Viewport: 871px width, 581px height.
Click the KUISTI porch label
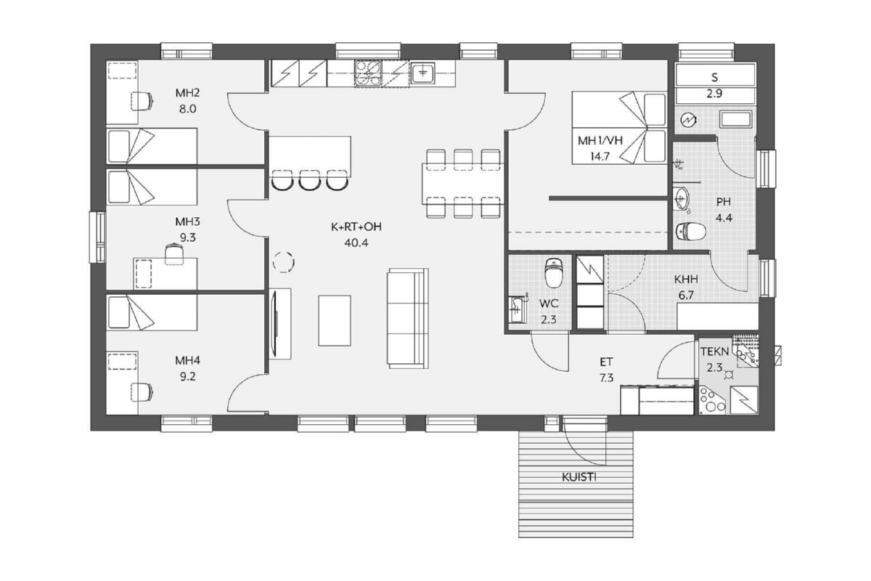click(x=579, y=477)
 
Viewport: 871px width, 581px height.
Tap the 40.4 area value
click(x=356, y=243)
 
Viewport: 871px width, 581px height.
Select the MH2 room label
click(x=187, y=93)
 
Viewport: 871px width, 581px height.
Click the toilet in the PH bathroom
click(x=691, y=232)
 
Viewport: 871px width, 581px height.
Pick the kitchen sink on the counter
click(x=423, y=73)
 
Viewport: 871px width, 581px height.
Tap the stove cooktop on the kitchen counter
click(x=368, y=73)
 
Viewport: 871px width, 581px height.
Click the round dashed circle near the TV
click(x=284, y=262)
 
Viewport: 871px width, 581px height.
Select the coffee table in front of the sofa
click(x=335, y=321)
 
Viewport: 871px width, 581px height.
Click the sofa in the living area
click(x=408, y=318)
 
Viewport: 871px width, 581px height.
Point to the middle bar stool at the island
click(x=309, y=180)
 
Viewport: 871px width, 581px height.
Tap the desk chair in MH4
click(x=142, y=392)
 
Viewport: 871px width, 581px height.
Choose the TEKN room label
click(x=715, y=352)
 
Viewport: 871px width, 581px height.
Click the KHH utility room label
click(x=686, y=280)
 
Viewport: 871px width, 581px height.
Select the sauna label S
click(x=715, y=78)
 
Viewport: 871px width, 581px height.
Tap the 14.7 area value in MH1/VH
click(x=600, y=157)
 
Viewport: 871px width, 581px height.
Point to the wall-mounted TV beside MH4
click(x=276, y=323)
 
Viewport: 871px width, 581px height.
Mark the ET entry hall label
click(x=606, y=362)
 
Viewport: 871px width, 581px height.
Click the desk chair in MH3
click(x=174, y=253)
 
